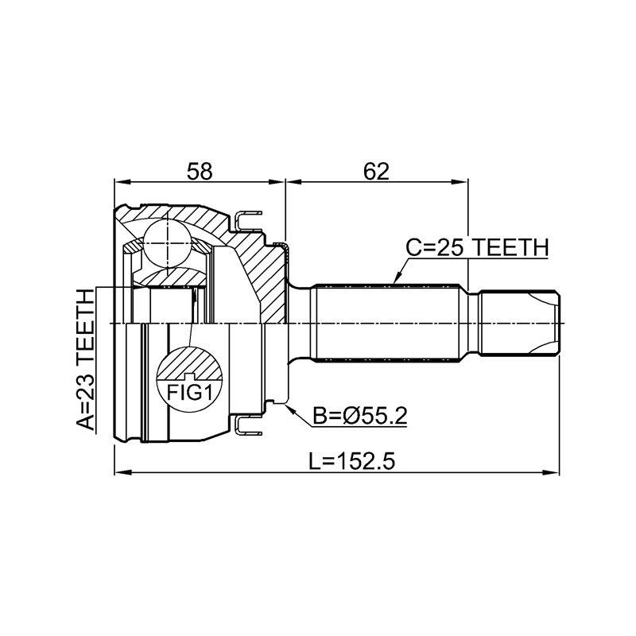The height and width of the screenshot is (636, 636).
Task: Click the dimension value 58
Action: [200, 172]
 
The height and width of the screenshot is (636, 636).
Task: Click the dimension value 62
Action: [376, 172]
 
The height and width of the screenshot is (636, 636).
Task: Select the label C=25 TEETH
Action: [478, 247]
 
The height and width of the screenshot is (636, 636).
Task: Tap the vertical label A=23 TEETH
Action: [86, 359]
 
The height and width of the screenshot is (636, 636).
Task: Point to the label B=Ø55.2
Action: [360, 416]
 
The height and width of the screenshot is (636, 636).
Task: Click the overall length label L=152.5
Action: [351, 461]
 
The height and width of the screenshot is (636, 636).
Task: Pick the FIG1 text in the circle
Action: [190, 392]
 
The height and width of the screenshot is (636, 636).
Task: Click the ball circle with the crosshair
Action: [167, 243]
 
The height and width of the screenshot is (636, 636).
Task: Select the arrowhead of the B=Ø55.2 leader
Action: [289, 408]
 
